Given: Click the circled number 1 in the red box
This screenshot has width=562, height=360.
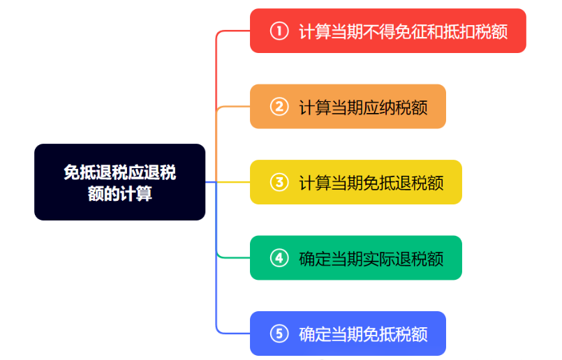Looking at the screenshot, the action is (279, 31).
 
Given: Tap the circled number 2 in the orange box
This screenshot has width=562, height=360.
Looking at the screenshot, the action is (279, 106).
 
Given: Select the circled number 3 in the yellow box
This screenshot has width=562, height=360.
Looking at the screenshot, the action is (279, 182).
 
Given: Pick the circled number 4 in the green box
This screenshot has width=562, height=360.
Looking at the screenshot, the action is (279, 258).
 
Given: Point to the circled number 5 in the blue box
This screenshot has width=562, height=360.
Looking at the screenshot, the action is (279, 333).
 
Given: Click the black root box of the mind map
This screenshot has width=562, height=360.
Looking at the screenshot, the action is (119, 182).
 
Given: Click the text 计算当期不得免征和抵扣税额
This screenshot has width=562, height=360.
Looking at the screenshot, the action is (404, 31).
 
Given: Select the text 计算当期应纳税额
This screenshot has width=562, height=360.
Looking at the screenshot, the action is (363, 107).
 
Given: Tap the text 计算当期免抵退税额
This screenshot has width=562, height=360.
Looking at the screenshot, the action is (371, 183).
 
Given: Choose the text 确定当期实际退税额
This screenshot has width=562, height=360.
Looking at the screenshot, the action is (371, 259).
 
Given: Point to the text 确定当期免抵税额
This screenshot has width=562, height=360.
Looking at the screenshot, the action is (363, 334).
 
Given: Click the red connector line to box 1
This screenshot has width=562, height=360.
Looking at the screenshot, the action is (216, 72).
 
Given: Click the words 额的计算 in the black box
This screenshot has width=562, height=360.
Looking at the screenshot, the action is (119, 193).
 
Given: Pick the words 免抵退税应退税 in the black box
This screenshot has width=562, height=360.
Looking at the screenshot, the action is (119, 172).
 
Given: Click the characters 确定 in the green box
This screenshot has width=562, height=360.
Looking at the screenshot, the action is (315, 259).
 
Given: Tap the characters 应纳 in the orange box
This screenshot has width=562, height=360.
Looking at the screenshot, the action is (379, 107).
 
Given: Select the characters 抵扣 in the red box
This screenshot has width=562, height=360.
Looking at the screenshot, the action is (459, 31).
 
